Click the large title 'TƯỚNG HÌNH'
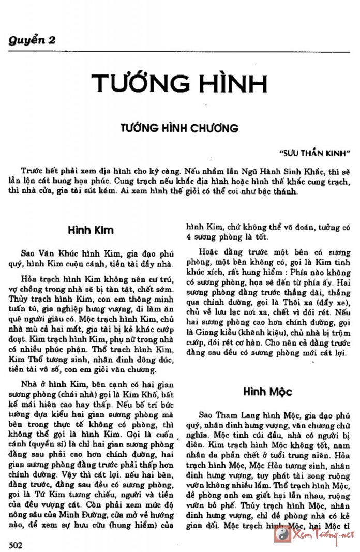coord(179,84)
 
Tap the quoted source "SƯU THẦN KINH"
coord(314,153)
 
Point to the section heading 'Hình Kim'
coord(91,230)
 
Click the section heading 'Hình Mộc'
coord(267,392)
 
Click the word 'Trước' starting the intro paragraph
coord(32,170)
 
